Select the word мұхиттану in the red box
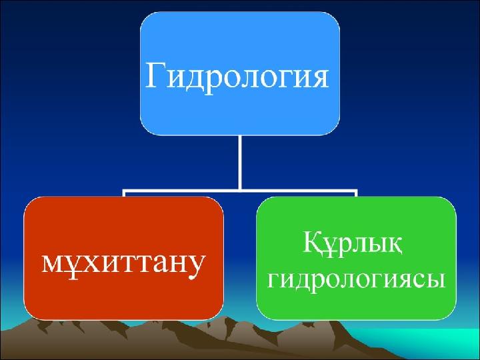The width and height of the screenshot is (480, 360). (123, 264)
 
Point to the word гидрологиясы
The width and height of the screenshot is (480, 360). (356, 281)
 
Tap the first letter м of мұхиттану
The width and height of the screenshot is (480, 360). (53, 263)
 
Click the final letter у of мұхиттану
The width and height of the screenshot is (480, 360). (195, 267)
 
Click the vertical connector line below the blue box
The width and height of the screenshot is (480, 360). (240, 163)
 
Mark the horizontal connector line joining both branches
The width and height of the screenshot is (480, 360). (240, 191)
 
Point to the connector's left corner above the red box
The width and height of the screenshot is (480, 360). (124, 191)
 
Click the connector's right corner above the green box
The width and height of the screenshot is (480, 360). (356, 191)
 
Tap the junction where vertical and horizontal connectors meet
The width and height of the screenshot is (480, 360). (240, 191)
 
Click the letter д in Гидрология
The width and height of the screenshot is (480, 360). (197, 80)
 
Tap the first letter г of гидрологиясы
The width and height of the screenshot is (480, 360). (274, 280)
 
